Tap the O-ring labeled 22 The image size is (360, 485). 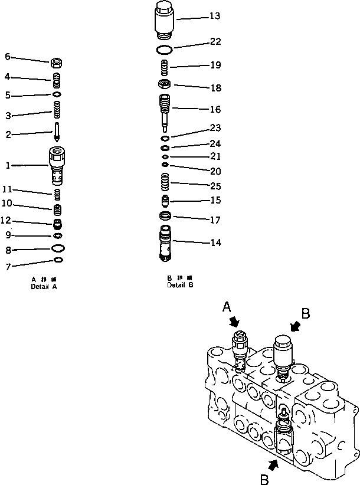[x=166, y=49]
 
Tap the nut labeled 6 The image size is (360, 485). [x=58, y=62]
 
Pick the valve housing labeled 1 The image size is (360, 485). [x=57, y=165]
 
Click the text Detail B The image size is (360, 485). [x=179, y=285]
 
